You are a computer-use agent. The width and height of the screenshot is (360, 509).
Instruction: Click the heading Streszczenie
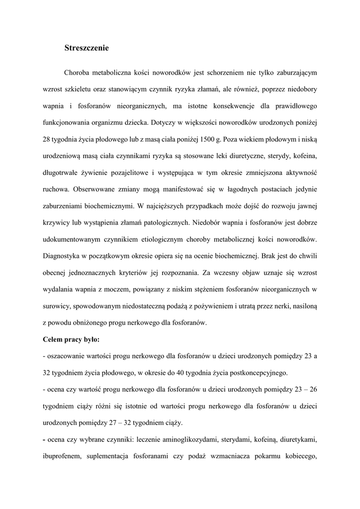[x=87, y=48]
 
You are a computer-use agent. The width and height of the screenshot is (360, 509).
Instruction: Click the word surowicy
[x=57, y=306]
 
